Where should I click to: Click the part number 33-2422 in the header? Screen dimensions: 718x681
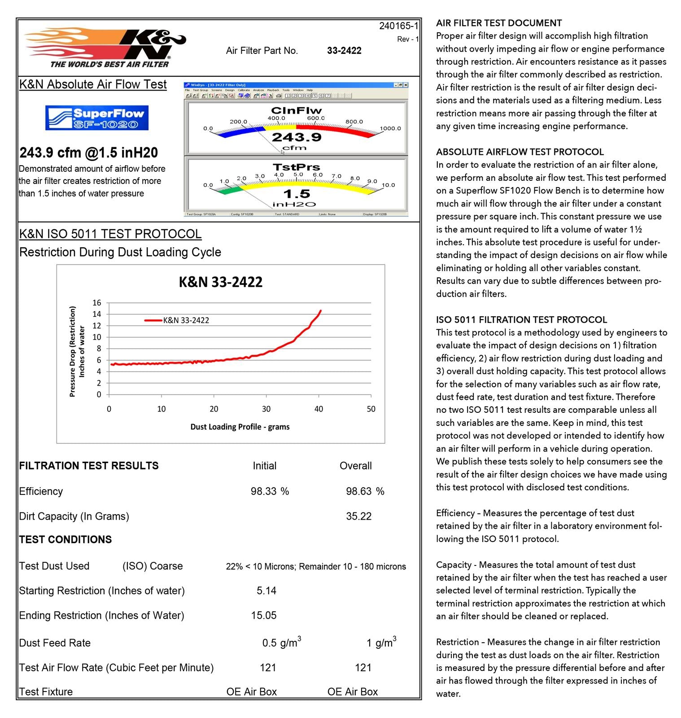344,51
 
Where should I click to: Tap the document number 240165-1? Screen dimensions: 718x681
398,26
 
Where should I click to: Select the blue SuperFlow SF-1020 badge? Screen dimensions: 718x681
97,118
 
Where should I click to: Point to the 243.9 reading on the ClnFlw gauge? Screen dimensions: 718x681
297,137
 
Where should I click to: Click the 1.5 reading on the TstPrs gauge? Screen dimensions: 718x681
297,194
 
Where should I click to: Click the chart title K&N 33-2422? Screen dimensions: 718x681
220,282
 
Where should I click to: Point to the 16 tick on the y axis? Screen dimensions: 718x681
97,302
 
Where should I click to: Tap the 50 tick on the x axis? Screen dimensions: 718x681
371,409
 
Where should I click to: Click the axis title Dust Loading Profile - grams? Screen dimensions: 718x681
240,426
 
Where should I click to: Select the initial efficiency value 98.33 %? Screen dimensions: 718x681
270,491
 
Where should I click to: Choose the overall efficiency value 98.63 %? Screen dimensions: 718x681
365,491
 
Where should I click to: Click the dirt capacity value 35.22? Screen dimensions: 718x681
358,516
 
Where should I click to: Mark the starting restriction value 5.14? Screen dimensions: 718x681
266,591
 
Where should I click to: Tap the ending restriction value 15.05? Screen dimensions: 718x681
264,615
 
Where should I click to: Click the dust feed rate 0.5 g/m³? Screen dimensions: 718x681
281,643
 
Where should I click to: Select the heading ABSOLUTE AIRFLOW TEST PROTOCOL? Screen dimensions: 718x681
520,152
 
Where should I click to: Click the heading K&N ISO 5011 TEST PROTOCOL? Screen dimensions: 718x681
110,234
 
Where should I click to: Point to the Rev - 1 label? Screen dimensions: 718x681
407,39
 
